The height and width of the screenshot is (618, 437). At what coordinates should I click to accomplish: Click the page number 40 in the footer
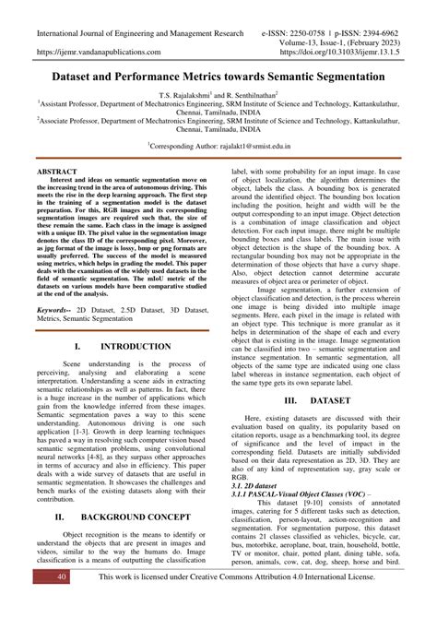[x=37, y=601]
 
